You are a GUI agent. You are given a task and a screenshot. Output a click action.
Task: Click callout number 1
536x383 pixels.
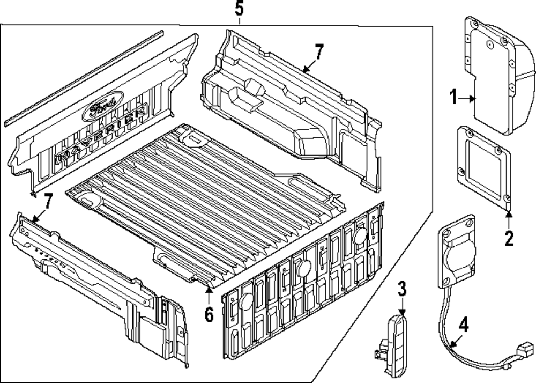(x=453, y=98)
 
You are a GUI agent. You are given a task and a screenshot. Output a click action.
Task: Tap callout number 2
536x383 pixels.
(x=509, y=237)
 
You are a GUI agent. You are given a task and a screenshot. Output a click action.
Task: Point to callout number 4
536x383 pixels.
(x=463, y=325)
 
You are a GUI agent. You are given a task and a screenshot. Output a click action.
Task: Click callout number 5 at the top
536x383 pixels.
(x=239, y=9)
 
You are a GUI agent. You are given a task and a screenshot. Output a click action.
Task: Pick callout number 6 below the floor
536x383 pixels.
(x=209, y=314)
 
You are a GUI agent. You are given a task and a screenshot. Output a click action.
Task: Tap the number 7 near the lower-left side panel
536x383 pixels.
(x=48, y=201)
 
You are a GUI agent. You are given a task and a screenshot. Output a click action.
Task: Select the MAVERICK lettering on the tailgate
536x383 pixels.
(x=102, y=135)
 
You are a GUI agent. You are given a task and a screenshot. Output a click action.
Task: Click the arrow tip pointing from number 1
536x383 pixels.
(x=475, y=98)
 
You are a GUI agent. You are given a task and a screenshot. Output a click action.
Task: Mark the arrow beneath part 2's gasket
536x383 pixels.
(x=509, y=216)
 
